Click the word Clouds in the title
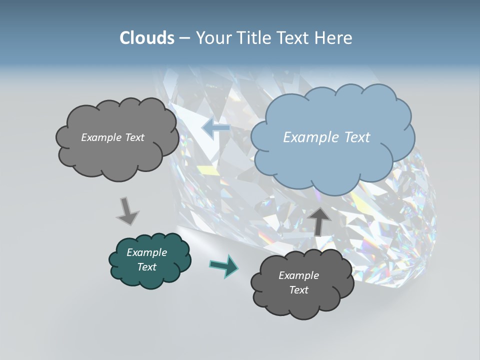[x=146, y=38]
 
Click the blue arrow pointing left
[x=216, y=128]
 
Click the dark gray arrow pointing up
[x=319, y=220]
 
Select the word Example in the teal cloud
[x=146, y=252]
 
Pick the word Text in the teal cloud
[x=146, y=267]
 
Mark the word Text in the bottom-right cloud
[x=298, y=290]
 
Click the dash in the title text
[x=184, y=38]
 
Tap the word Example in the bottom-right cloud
[x=298, y=275]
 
